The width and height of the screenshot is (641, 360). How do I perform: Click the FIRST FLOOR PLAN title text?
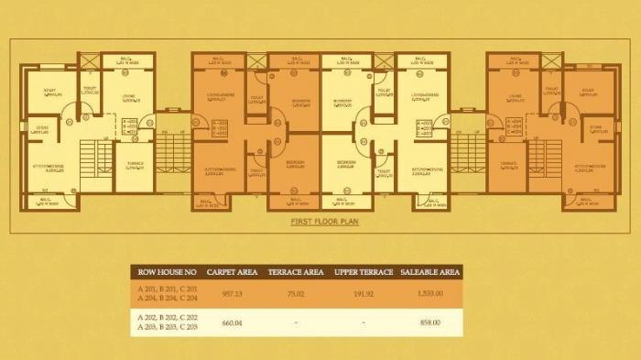pyautogui.click(x=320, y=222)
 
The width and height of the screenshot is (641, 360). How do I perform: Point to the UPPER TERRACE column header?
pyautogui.click(x=364, y=272)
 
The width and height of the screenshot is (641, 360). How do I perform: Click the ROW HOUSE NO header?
pyautogui.click(x=167, y=272)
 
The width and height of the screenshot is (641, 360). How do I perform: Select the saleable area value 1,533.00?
pyautogui.click(x=428, y=294)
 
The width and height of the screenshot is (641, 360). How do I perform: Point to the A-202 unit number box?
pyautogui.click(x=220, y=126)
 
